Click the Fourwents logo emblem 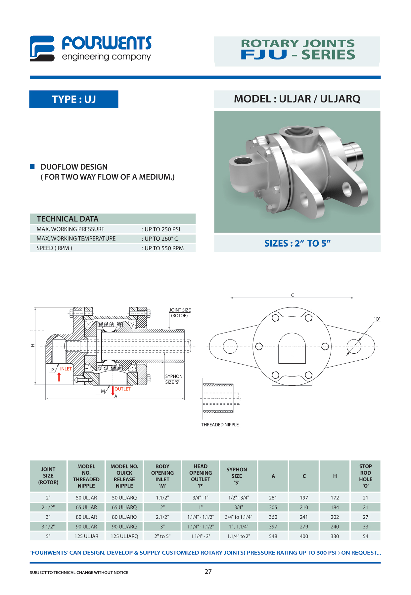click(x=42, y=49)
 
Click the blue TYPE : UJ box click(x=74, y=99)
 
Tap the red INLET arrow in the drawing click(x=59, y=377)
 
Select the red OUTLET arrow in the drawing click(x=113, y=391)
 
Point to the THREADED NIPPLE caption click(x=220, y=425)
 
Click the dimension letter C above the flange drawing click(x=292, y=295)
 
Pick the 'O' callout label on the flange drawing click(x=377, y=319)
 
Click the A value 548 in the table click(x=273, y=536)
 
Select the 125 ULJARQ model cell click(x=124, y=536)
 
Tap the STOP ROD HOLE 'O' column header click(x=365, y=476)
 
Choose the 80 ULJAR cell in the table click(x=86, y=517)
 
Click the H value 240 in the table click(x=335, y=527)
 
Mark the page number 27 click(x=208, y=572)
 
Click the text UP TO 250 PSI click(x=162, y=229)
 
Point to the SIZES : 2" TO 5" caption click(x=297, y=244)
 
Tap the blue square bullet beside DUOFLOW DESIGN click(x=32, y=167)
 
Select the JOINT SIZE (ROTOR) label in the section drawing click(x=180, y=313)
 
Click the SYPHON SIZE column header click(x=237, y=476)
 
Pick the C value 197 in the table click(x=304, y=498)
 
